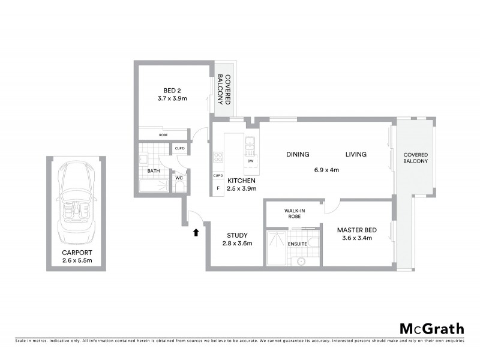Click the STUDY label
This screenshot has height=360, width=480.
point(238,235)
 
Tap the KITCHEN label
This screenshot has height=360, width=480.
point(242,181)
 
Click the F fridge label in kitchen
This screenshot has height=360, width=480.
point(217,188)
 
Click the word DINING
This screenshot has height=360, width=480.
point(298,154)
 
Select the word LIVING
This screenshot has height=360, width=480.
point(356,154)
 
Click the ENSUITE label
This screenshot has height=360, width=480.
point(298,244)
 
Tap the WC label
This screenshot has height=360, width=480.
point(179,178)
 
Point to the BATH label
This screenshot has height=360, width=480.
point(153,171)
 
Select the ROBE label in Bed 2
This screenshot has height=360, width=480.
point(163,135)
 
